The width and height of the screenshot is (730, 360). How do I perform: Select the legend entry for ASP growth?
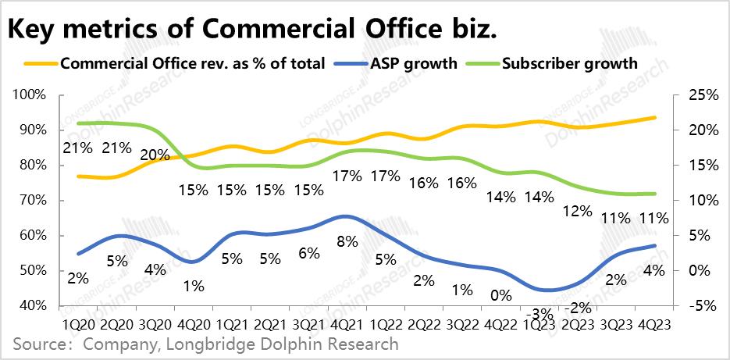[399, 63]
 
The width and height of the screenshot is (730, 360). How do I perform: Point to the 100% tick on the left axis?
[29, 94]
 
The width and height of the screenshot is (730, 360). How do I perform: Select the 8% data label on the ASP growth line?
[347, 241]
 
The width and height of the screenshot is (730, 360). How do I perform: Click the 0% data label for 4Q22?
[500, 295]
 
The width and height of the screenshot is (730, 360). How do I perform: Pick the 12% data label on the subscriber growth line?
[576, 212]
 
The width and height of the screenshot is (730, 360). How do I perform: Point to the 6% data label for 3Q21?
[308, 253]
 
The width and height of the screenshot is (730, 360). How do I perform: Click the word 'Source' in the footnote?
[37, 344]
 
